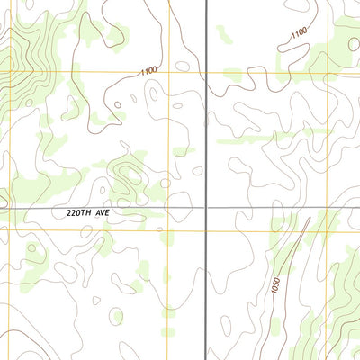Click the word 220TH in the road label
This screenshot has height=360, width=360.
coord(83,214)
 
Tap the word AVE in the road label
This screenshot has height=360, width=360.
coord(111,214)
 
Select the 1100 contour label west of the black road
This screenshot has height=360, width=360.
coord(148,70)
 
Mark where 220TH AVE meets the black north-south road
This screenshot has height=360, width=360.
coord(207,208)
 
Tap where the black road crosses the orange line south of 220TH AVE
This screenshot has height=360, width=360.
coord(207,230)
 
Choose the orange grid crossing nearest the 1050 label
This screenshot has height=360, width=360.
coord(270,230)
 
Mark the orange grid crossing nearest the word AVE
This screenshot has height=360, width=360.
coord(166,230)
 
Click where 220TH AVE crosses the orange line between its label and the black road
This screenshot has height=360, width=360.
coord(166,208)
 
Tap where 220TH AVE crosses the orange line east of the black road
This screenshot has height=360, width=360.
coord(270,208)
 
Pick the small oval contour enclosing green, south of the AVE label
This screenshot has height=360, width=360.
coord(116,314)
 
